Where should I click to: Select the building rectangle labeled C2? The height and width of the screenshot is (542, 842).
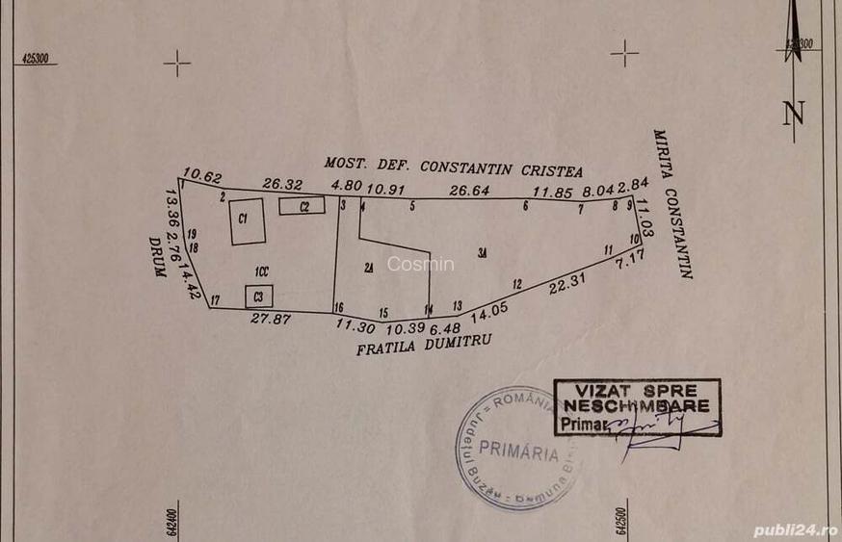302,206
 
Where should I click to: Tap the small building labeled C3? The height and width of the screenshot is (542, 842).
258,296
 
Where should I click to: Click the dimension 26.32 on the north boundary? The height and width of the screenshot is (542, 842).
282,184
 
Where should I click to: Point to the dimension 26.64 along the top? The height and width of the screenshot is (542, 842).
470,191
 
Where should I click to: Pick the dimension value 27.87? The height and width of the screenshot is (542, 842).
271,319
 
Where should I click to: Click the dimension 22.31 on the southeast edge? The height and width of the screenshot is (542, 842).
567,284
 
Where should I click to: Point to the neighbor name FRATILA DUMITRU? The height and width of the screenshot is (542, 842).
425,343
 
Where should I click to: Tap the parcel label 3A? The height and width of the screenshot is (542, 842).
483,252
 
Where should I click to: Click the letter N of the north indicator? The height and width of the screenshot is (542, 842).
794,114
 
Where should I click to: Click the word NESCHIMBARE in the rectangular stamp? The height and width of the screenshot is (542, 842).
636,405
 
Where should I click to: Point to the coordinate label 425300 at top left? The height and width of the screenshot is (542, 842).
35,58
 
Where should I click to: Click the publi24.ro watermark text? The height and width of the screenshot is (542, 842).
796,529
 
